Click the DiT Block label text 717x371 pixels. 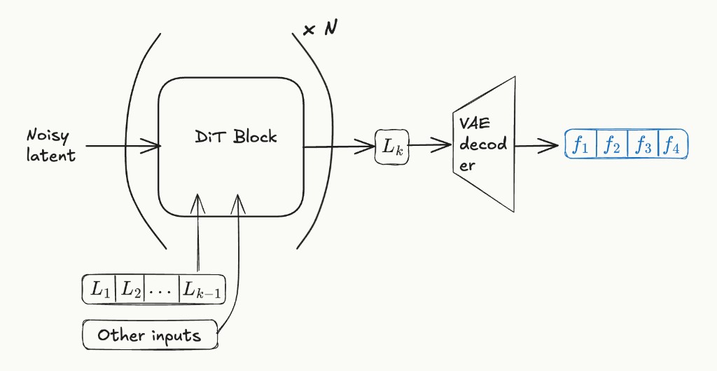[235, 137]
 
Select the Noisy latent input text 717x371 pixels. [50, 145]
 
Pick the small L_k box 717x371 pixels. [391, 147]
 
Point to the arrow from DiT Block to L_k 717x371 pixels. [339, 147]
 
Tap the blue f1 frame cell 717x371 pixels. [580, 146]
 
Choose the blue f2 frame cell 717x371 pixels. [611, 146]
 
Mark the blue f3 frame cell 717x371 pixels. [642, 146]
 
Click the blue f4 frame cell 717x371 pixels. [672, 146]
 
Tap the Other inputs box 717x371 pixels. [149, 335]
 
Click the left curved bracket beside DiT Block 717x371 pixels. [131, 140]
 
